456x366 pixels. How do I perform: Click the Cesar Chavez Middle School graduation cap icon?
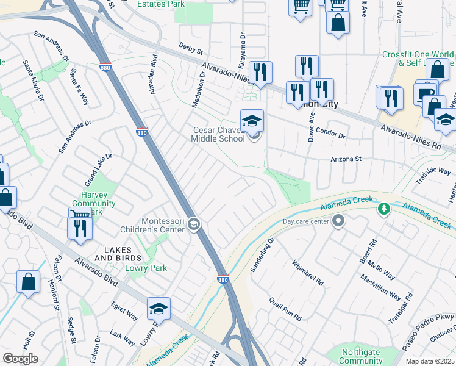pos(252,120)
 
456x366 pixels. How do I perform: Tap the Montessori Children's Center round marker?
pos(194,224)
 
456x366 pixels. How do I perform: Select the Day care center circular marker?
pos(338,221)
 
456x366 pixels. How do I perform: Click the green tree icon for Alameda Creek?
pos(383,209)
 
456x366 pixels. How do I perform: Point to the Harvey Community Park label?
pos(90,204)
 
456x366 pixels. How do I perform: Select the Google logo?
pos(21,359)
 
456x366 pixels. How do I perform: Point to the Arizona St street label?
pos(346,159)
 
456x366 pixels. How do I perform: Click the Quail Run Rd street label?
pos(285,309)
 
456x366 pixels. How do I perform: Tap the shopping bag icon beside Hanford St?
pos(28,282)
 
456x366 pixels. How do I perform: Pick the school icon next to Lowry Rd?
pos(159,309)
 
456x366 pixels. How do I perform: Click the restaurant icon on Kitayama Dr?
pos(260,72)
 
